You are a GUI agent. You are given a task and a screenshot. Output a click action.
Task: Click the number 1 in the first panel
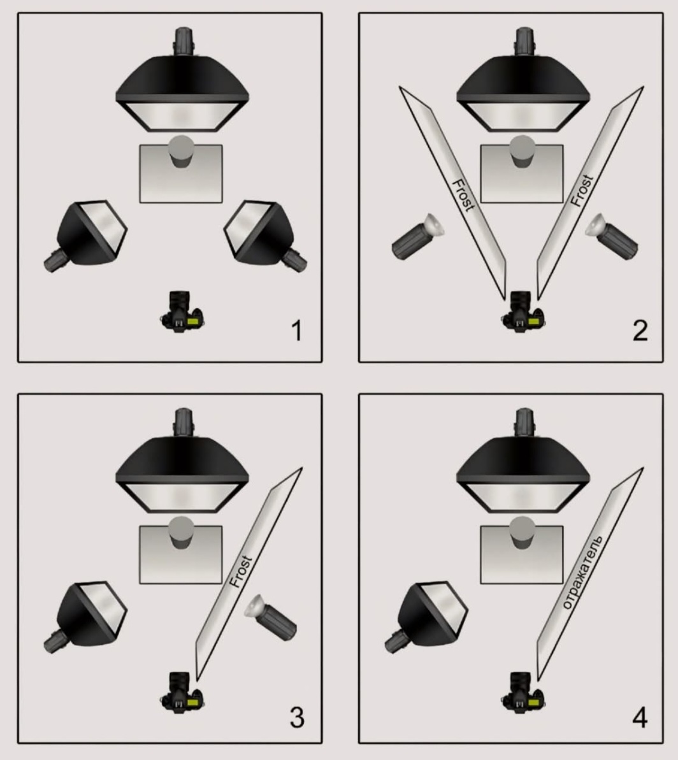click(297, 331)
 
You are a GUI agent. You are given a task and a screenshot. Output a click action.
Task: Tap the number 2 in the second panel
click(640, 331)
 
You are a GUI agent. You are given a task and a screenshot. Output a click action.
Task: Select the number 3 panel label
click(297, 717)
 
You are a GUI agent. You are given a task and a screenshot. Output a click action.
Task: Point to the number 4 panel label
click(640, 717)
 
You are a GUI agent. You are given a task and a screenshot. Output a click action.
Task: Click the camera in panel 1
click(182, 312)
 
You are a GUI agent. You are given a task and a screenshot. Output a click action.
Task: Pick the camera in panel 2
click(523, 312)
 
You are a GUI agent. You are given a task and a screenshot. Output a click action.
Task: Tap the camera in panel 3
click(182, 692)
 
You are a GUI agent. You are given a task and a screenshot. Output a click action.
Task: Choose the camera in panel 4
click(523, 692)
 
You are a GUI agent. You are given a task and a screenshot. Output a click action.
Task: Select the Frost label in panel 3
click(240, 572)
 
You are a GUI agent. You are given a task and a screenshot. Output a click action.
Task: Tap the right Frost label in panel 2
click(582, 190)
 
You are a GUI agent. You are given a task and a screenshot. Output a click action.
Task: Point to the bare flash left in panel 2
click(417, 237)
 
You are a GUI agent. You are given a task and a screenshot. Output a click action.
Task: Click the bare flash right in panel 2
click(611, 237)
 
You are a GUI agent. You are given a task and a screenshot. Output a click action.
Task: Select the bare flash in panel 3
click(270, 618)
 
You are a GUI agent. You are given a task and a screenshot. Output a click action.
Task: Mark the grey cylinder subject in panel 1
click(181, 152)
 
